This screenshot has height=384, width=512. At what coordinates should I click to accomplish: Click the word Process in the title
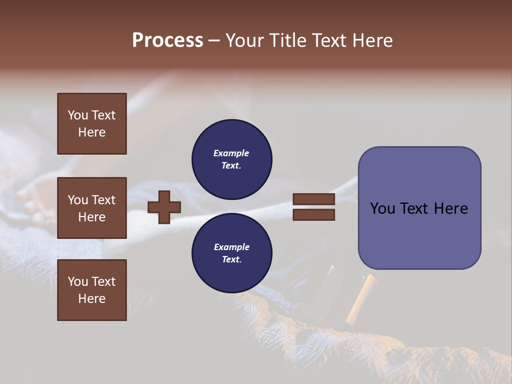coord(167,41)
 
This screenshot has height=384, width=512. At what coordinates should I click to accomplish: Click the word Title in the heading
coord(289,41)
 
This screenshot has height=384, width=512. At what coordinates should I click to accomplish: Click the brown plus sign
coord(164,207)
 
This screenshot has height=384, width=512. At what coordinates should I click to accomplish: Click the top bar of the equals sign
coord(314,199)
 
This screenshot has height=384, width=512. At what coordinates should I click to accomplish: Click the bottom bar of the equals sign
coord(314,215)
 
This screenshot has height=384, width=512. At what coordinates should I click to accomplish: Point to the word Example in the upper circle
coord(231,153)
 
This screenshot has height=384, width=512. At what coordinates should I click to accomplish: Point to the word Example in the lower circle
coord(231,247)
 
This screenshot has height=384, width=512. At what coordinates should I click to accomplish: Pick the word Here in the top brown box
coord(92,132)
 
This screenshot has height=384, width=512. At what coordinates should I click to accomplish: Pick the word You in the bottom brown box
coord(77,282)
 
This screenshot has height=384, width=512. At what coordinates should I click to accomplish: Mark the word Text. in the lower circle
coord(231,260)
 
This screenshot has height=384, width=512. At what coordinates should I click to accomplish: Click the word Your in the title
coord(246,41)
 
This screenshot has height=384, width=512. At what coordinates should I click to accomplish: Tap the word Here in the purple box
coord(451,209)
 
